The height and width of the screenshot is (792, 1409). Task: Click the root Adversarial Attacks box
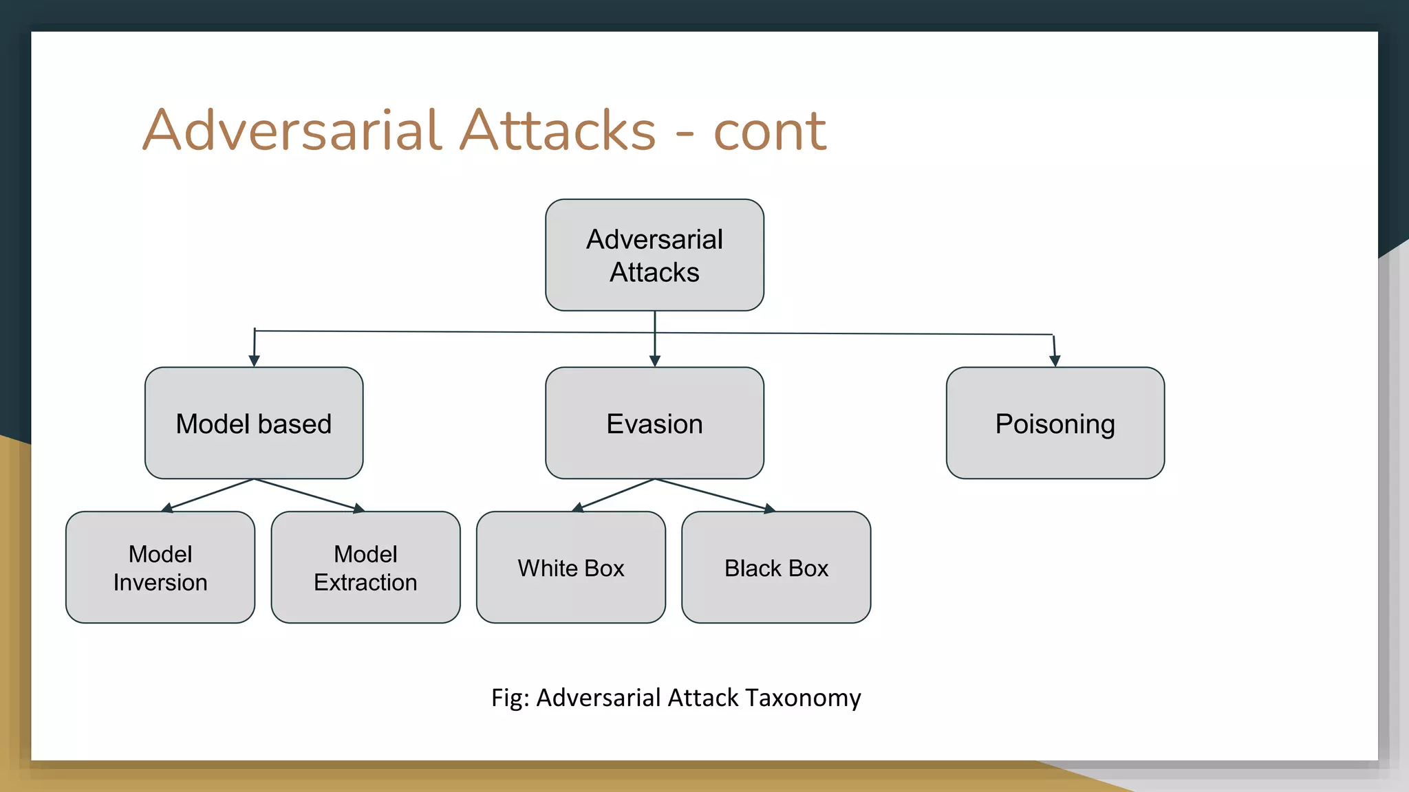coord(654,255)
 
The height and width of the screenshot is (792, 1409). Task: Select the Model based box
coord(254,423)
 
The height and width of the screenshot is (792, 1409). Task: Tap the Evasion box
coord(654,423)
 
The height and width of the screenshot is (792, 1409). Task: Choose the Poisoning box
coord(1055,423)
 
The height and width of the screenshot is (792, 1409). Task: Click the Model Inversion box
coord(160,567)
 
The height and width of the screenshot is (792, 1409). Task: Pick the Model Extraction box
coord(365,567)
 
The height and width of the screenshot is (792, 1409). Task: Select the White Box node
coord(570,567)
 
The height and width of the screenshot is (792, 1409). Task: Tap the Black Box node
coord(776,567)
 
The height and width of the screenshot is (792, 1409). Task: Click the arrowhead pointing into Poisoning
coord(1055,360)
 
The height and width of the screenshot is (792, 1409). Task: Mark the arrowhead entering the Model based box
coord(254,360)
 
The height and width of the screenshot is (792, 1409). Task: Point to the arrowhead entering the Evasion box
coord(654,360)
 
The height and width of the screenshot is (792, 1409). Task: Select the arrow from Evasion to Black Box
coord(716,495)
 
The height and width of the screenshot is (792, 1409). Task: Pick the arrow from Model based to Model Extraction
coord(310,495)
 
